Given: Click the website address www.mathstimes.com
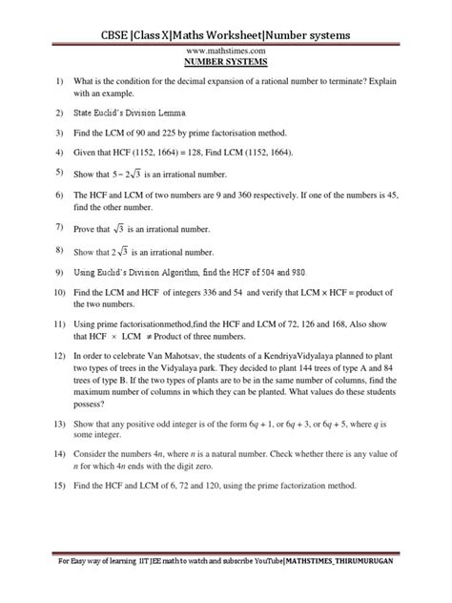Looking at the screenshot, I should tap(226, 52).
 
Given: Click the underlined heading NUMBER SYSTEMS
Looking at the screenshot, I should tap(226, 64).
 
